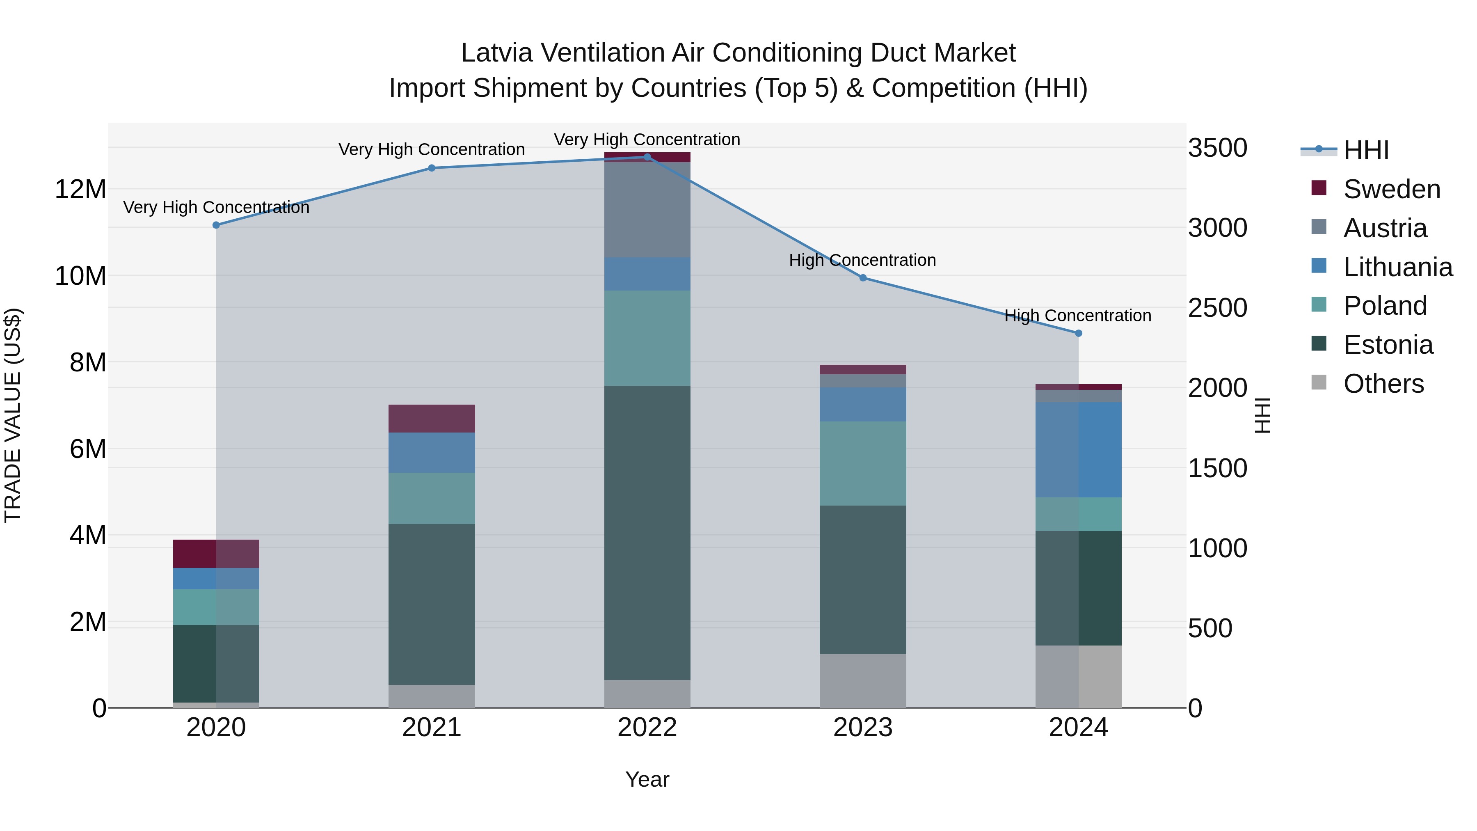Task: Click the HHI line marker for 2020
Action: tap(216, 225)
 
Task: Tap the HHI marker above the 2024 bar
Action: tap(1079, 333)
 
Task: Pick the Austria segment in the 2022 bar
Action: tap(647, 209)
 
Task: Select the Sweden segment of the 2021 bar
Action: tap(432, 418)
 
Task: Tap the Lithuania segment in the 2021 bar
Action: tap(432, 453)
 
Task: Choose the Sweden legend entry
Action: tap(1392, 189)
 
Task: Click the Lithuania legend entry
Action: tap(1397, 267)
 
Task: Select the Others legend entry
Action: tap(1383, 384)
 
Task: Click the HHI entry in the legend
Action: tap(1366, 150)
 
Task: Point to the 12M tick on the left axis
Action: tap(80, 189)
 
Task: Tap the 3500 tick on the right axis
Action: tap(1217, 148)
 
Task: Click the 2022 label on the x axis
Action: tap(647, 728)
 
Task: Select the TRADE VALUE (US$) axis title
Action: tap(13, 415)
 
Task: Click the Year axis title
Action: tap(647, 779)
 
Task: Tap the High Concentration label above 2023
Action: tap(862, 260)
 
